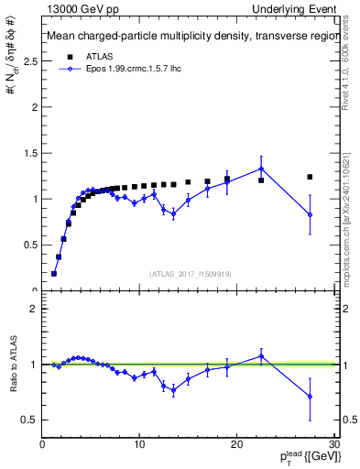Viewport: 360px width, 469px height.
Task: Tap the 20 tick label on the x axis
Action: [236, 444]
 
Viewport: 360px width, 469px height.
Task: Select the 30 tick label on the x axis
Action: [333, 444]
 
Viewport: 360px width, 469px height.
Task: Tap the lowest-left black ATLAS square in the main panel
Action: [54, 273]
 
